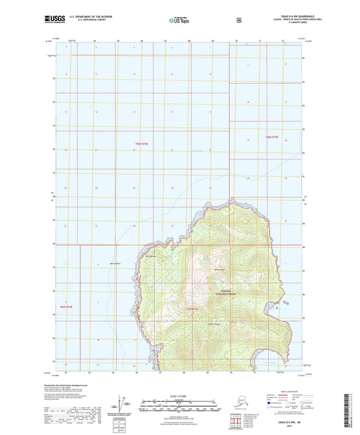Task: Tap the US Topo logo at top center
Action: pyautogui.click(x=179, y=20)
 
